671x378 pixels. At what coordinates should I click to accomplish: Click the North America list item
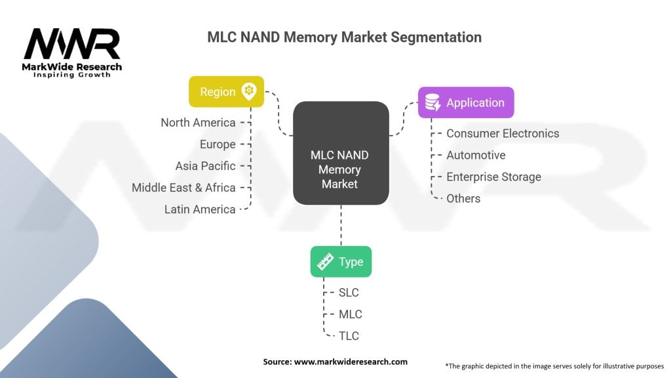pos(198,123)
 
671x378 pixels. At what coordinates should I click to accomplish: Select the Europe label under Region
pos(218,144)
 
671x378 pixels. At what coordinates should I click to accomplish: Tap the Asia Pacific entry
pos(205,166)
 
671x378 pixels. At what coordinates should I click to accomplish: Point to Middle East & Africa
pos(183,188)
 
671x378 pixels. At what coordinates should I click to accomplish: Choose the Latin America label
pos(200,209)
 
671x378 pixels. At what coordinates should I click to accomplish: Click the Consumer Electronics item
pos(503,133)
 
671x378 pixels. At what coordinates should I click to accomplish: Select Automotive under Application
pos(476,155)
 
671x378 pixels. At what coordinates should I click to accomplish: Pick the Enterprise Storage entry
pos(493,177)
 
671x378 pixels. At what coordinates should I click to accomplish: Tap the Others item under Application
pos(463,198)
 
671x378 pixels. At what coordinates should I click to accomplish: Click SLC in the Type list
pos(349,293)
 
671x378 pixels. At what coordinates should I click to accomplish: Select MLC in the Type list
pos(350,314)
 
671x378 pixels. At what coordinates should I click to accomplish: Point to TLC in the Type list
pos(349,336)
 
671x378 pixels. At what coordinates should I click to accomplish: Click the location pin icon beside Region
pos(248,92)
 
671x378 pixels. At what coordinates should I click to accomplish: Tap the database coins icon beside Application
pos(432,102)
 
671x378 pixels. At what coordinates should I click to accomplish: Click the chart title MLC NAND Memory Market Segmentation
pos(344,37)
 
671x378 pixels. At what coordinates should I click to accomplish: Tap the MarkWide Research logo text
pos(72,68)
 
